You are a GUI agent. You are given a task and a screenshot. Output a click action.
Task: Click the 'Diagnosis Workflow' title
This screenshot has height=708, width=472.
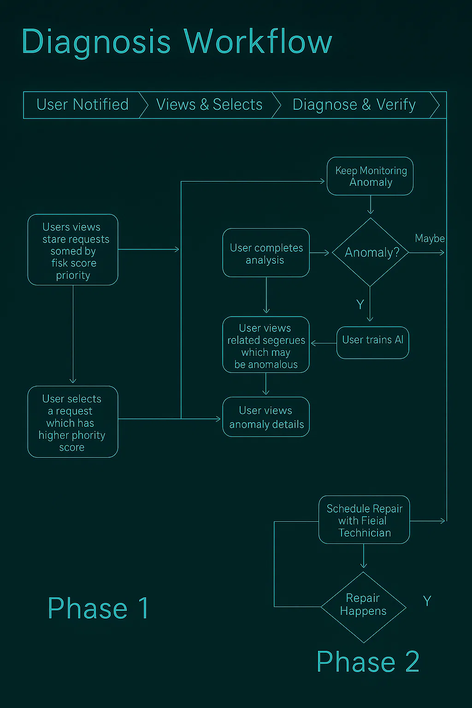point(177,41)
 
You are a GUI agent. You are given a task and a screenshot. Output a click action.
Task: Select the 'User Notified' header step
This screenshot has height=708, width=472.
point(83,105)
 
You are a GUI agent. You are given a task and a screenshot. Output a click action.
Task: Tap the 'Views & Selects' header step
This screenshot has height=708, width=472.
point(209,105)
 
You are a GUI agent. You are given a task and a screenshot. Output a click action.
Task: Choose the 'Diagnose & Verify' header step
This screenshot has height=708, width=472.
point(354,105)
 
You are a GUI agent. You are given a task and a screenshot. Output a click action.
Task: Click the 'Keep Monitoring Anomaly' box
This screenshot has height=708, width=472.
point(370,176)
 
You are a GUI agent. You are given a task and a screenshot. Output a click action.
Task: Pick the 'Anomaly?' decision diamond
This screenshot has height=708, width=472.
point(371,252)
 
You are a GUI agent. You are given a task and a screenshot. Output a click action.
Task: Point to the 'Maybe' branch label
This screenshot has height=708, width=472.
point(430,238)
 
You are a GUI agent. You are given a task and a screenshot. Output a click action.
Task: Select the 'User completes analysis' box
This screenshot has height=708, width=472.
point(266,253)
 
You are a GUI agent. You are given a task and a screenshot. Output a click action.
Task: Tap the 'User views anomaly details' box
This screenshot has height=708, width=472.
point(266,417)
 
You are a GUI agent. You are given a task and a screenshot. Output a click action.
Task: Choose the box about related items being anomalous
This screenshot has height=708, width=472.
point(266,345)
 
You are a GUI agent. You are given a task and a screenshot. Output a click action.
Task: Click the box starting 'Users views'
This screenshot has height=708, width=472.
point(73,250)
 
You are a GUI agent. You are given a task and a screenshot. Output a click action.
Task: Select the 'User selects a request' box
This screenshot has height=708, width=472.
point(73,422)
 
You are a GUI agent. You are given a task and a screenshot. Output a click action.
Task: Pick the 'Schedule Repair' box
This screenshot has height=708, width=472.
point(364,520)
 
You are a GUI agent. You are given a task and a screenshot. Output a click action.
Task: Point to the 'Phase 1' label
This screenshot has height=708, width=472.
point(98,608)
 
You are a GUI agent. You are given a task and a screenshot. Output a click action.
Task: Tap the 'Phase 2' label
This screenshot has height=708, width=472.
point(368,662)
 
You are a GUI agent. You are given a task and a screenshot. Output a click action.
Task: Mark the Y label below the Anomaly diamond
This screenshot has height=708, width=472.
point(360,305)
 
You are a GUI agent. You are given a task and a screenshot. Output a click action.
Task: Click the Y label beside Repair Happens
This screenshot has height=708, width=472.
point(427,601)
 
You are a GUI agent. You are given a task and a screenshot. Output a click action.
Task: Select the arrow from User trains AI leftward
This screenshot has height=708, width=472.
point(324,343)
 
